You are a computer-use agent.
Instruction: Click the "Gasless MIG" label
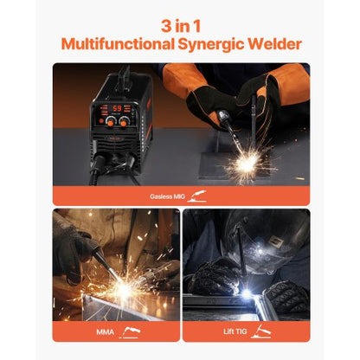(x=167, y=196)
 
